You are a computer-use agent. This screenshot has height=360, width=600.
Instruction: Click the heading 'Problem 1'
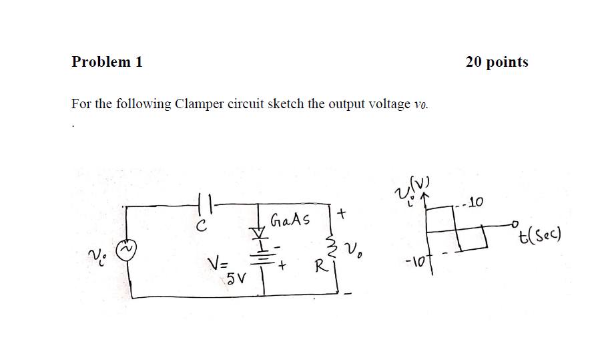pyautogui.click(x=107, y=62)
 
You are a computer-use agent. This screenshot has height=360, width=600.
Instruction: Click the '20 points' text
pyautogui.click(x=497, y=62)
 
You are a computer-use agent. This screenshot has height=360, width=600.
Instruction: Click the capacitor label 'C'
pyautogui.click(x=200, y=227)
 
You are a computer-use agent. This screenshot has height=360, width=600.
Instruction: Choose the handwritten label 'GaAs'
pyautogui.click(x=290, y=220)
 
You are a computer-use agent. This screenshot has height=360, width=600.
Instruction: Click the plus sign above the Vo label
pyautogui.click(x=342, y=215)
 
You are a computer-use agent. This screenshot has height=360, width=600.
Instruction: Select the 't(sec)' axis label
pyautogui.click(x=541, y=234)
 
